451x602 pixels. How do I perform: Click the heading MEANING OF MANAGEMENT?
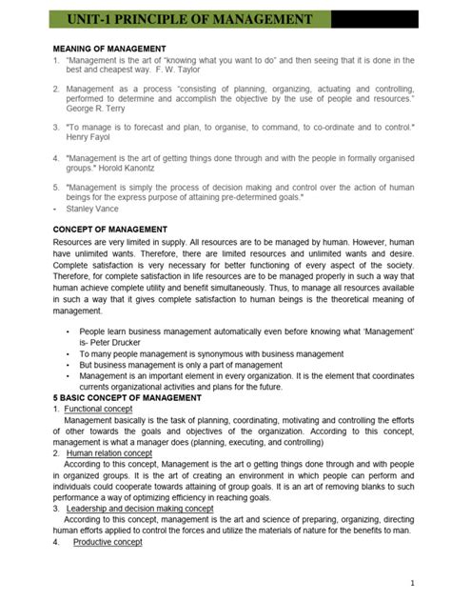[109, 49]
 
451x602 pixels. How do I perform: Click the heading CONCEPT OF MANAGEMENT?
[110, 230]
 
